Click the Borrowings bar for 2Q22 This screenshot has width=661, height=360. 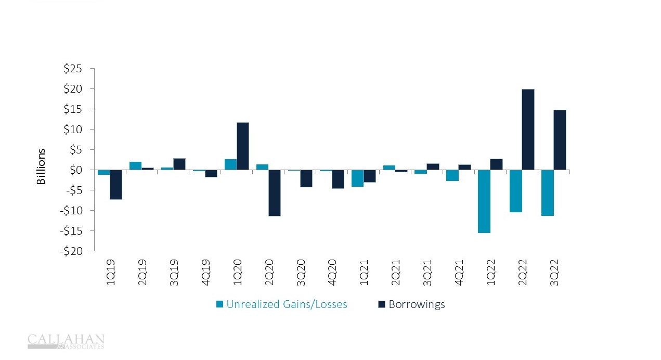pos(528,130)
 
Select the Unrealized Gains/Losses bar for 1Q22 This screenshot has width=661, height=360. pos(484,201)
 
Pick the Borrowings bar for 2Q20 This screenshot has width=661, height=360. pos(275,192)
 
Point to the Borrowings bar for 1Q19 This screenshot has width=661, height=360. pos(115,185)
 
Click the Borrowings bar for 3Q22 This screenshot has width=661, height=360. pos(560,140)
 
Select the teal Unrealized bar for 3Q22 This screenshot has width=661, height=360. pos(548,192)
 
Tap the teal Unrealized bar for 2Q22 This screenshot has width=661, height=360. pos(516,191)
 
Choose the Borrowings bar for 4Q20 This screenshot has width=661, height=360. pos(338,179)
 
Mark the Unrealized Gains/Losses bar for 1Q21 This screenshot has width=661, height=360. pos(357,178)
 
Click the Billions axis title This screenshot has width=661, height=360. pos(41,166)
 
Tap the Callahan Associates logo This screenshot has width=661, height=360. pos(66,341)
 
